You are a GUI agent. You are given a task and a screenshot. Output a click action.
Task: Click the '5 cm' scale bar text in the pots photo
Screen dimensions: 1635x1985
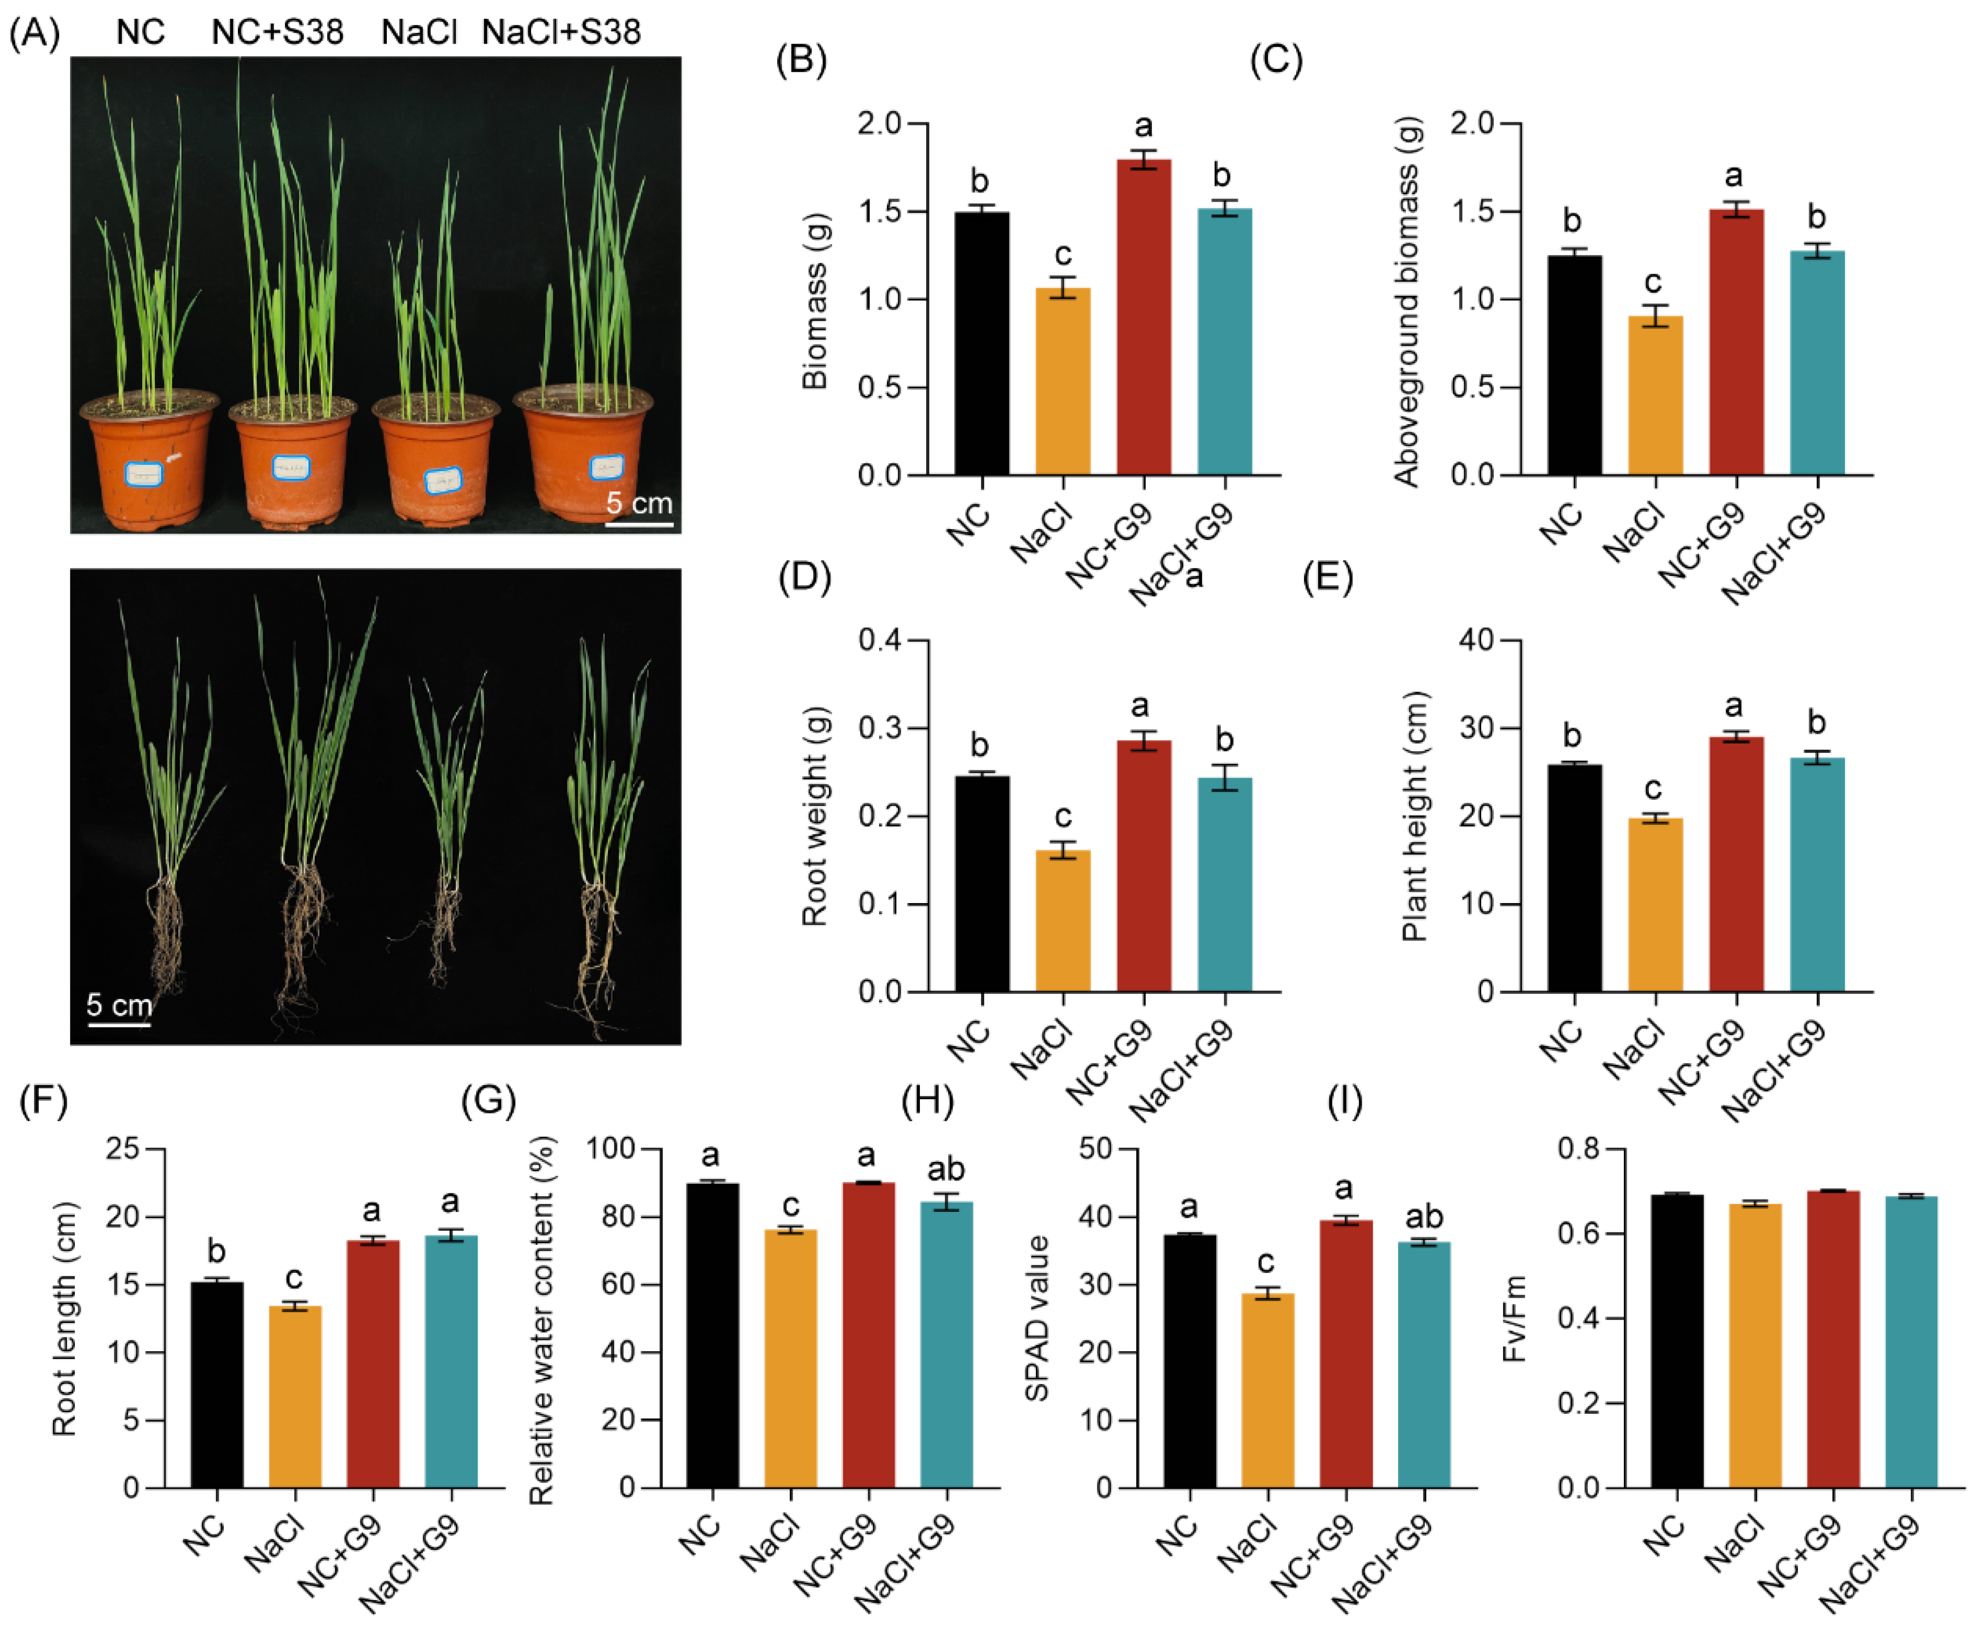[639, 503]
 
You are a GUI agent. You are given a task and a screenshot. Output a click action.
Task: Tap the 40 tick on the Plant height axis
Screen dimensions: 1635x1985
[1475, 641]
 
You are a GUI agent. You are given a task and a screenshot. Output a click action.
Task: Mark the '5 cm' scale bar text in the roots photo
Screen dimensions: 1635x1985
[119, 1005]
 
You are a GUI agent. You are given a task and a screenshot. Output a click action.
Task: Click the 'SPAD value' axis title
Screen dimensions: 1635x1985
[1036, 1319]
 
